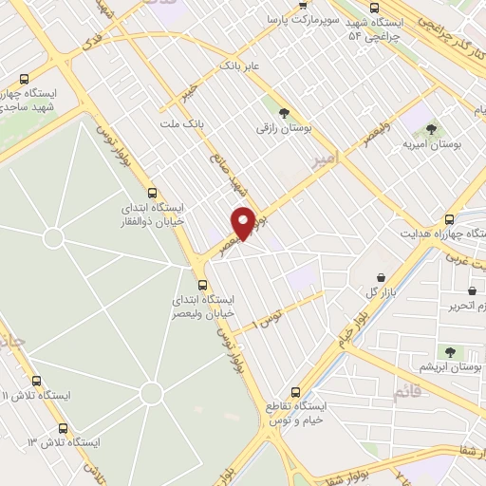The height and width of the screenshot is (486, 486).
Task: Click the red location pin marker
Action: pyautogui.click(x=244, y=222)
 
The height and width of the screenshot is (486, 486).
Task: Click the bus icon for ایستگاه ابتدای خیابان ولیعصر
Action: pyautogui.click(x=200, y=284)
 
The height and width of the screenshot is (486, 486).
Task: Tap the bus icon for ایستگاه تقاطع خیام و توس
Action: pyautogui.click(x=295, y=391)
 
